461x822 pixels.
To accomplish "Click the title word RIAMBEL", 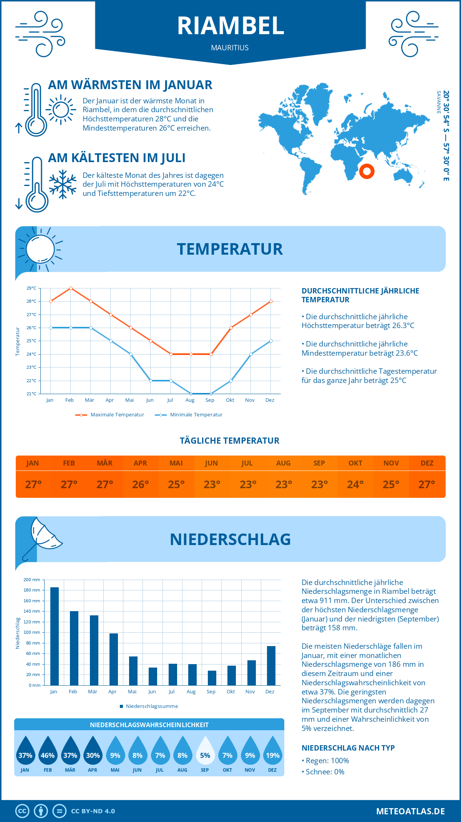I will click(x=230, y=26).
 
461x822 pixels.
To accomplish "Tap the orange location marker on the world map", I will click(x=366, y=171).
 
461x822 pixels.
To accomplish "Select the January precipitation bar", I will click(x=55, y=636).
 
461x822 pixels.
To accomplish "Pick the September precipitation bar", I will click(x=212, y=678).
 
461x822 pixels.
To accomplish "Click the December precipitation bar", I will click(x=271, y=666).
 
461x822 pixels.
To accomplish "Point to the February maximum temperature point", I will click(x=71, y=288).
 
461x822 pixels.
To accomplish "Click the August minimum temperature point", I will click(x=191, y=394).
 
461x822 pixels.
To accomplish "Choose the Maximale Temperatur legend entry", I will click(x=110, y=415).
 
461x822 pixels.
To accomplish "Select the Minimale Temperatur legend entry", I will click(x=189, y=415).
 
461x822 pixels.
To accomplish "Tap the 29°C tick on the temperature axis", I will click(x=32, y=288).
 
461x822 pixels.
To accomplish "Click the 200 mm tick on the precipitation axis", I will click(x=32, y=580).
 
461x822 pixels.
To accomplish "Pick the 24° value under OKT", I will click(x=355, y=484).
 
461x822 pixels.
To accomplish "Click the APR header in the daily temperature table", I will click(x=140, y=463).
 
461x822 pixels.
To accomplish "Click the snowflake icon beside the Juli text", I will click(x=63, y=184).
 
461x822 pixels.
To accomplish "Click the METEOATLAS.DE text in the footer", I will click(x=410, y=811).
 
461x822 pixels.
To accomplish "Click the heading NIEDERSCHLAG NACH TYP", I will click(x=348, y=748).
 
